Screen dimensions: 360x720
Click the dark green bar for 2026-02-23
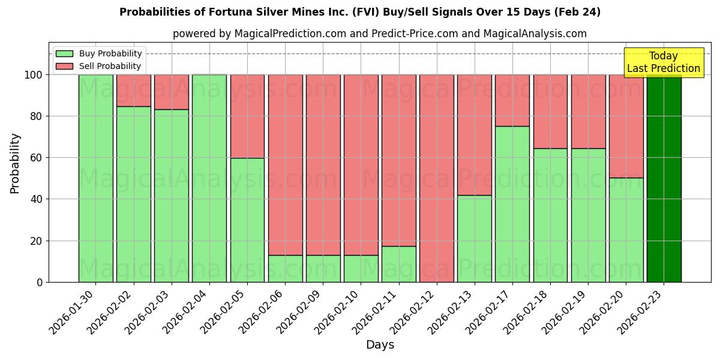[x=664, y=178]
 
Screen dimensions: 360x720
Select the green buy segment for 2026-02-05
[x=247, y=220]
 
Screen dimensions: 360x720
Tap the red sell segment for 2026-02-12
[x=437, y=178]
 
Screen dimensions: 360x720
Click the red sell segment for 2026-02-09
[x=323, y=165]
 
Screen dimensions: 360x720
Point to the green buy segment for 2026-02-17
[x=512, y=204]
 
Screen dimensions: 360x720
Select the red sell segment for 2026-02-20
[x=626, y=126]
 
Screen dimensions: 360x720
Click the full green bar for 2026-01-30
[x=95, y=178]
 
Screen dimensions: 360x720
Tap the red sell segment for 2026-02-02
[x=133, y=91]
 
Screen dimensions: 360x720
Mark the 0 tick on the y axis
[x=40, y=282]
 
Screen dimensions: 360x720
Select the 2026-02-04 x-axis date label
[x=184, y=314]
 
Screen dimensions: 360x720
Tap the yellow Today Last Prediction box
[x=664, y=62]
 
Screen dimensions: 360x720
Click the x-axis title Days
[x=380, y=345]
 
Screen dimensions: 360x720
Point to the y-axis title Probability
[x=15, y=163]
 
